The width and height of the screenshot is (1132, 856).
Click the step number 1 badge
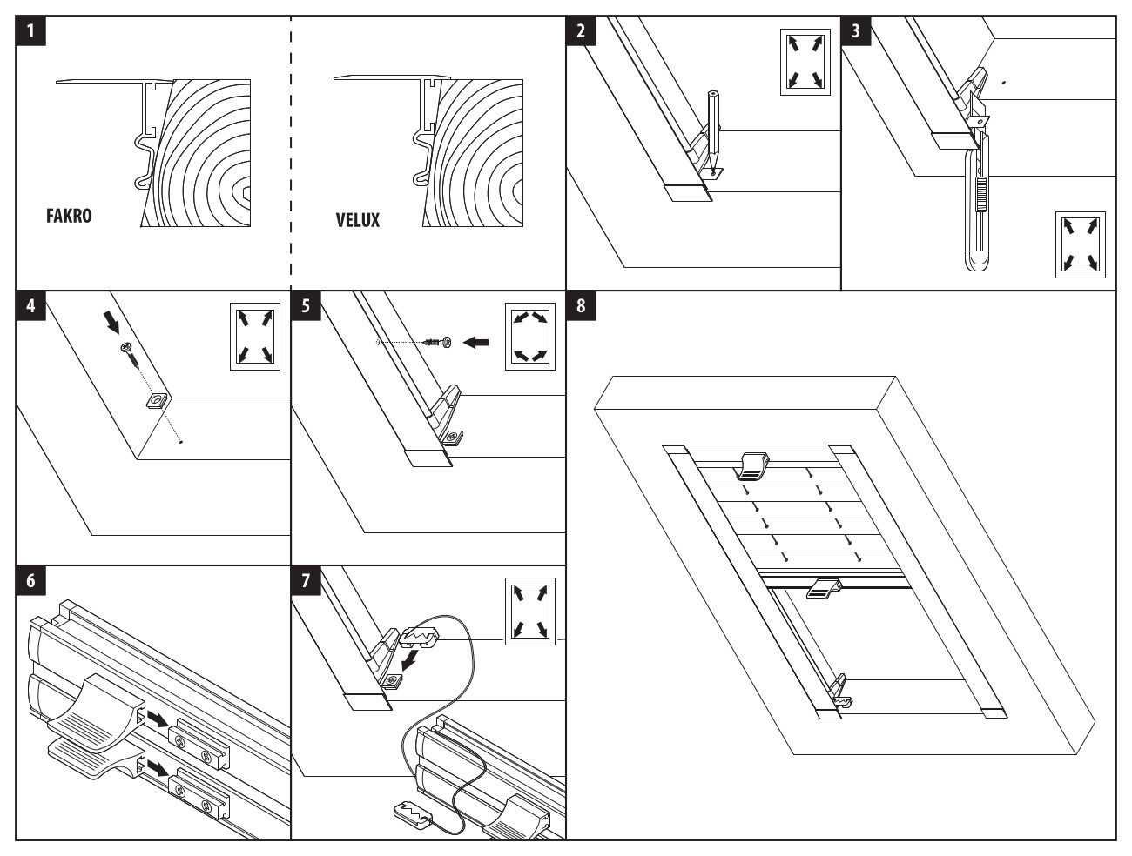coord(31,32)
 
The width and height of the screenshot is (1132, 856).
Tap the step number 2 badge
coord(581,32)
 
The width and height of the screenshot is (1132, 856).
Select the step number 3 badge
coord(856,32)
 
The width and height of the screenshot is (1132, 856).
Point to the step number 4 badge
coord(31,306)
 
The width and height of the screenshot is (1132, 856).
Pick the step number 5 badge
coord(306,306)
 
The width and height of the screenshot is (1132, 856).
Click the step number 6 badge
coord(31,580)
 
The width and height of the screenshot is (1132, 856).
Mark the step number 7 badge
coord(306,580)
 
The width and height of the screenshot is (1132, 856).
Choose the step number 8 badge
coord(581,306)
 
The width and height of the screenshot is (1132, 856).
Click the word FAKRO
coord(69,217)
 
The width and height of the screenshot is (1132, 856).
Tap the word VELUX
coord(358,220)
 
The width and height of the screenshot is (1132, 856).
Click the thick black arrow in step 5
coord(475,343)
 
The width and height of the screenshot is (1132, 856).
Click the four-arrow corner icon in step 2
coord(805,62)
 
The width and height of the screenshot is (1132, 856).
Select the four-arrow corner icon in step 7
coord(530,613)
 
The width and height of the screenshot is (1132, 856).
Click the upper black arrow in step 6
coord(158,719)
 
